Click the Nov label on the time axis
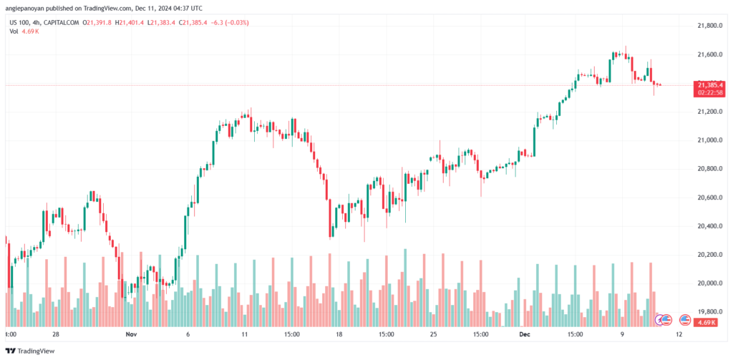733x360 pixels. click(130, 334)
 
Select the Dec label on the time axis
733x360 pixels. click(523, 334)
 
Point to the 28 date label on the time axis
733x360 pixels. click(56, 334)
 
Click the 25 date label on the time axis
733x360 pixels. click(433, 334)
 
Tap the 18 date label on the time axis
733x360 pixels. click(339, 334)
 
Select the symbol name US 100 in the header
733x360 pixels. click(21, 23)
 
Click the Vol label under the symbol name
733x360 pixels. click(14, 32)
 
